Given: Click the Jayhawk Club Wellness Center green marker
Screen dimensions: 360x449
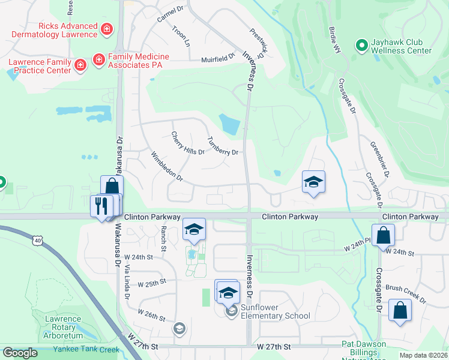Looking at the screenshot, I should click(x=362, y=45).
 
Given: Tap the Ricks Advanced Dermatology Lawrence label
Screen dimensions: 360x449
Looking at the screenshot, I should click(x=67, y=30).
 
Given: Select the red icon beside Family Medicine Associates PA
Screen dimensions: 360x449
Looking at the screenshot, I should click(x=98, y=60).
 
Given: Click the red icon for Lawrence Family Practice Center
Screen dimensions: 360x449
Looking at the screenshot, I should click(x=80, y=64).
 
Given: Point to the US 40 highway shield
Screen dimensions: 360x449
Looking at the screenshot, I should click(x=37, y=239).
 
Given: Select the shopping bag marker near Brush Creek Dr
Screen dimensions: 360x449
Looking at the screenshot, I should click(x=400, y=311).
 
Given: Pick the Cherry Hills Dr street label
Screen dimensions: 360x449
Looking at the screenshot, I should click(x=187, y=143).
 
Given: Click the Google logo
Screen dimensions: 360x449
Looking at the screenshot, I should click(x=20, y=353).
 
